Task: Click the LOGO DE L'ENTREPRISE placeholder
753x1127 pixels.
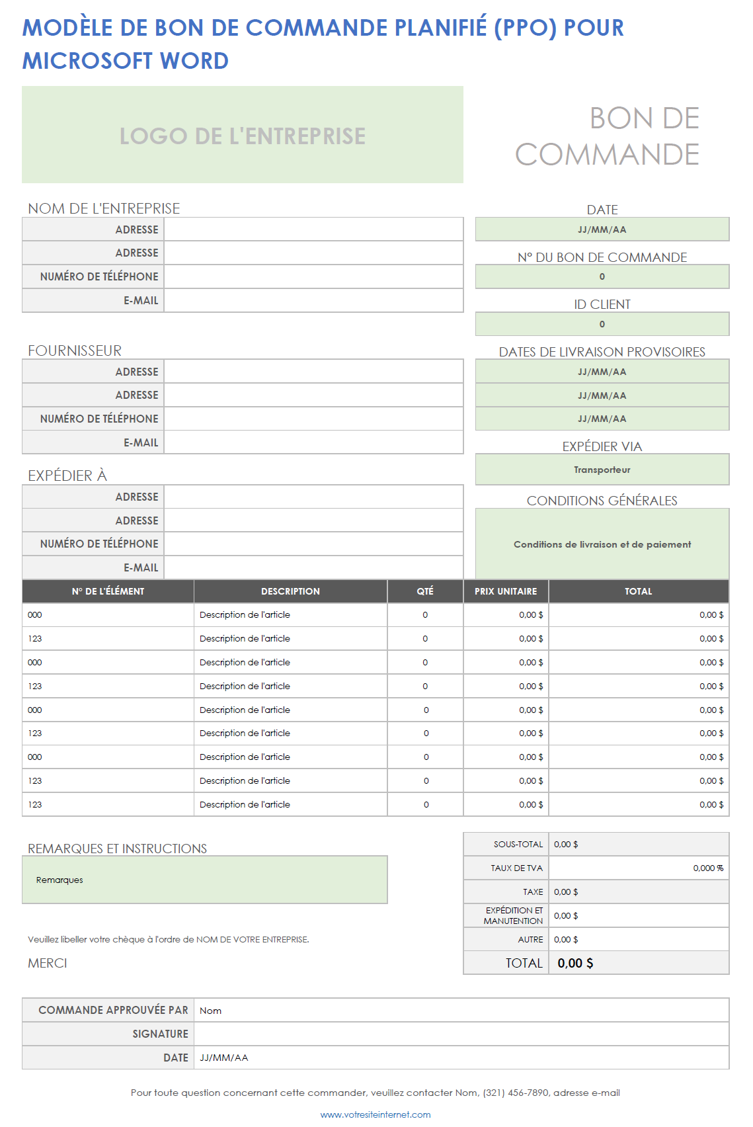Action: click(x=242, y=136)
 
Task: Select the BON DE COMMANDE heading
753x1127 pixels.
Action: click(x=607, y=136)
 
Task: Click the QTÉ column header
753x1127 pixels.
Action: click(x=425, y=591)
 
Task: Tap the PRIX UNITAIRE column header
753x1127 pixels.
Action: click(x=506, y=591)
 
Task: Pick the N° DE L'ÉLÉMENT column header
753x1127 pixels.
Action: click(x=108, y=591)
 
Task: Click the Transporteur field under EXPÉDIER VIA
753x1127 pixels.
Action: click(x=602, y=470)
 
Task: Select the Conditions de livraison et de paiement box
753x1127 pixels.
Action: click(x=602, y=544)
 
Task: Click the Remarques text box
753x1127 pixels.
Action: click(x=204, y=880)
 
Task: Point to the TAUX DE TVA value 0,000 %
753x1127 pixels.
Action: click(x=707, y=868)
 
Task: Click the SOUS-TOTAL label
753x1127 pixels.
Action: click(x=518, y=845)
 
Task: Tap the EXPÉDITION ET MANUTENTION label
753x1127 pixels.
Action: click(x=514, y=915)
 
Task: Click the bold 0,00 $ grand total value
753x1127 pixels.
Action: click(x=575, y=963)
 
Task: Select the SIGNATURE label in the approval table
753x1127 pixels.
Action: click(x=160, y=1034)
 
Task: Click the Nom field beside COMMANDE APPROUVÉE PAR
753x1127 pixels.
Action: click(x=461, y=1010)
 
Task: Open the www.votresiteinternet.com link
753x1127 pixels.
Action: click(x=376, y=1114)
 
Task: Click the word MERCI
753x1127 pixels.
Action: click(x=48, y=963)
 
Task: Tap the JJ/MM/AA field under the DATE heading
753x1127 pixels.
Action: click(x=602, y=230)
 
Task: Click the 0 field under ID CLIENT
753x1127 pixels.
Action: click(x=602, y=324)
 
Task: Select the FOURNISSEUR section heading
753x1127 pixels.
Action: click(x=75, y=351)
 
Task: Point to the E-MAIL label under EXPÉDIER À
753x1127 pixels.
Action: click(x=141, y=567)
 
